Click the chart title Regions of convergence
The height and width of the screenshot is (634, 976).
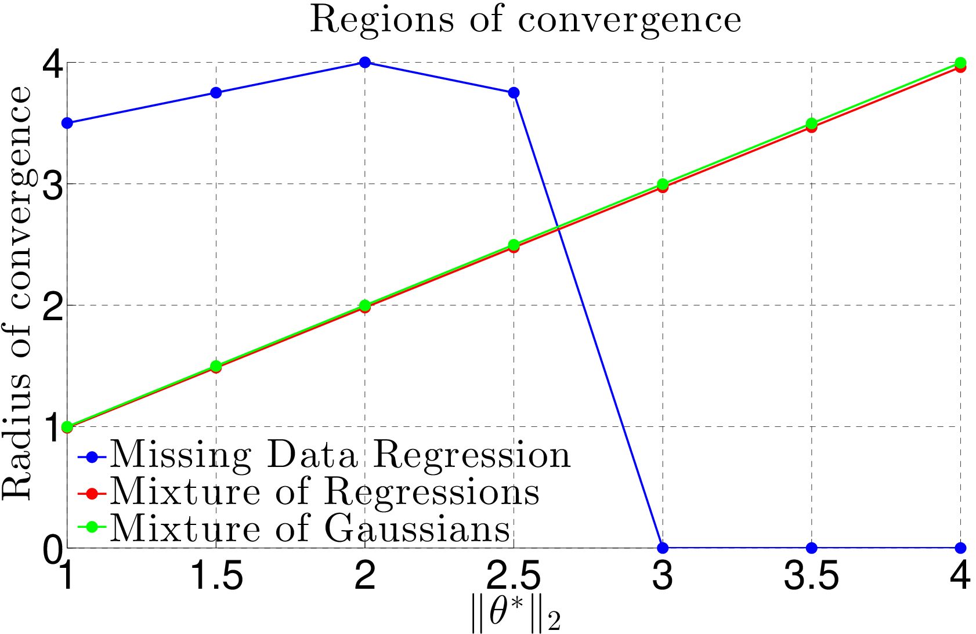525,20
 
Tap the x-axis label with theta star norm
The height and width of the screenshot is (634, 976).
516,614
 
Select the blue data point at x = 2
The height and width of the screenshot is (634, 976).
364,62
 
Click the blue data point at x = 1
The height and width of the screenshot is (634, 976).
67,123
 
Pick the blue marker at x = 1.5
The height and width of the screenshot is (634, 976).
216,93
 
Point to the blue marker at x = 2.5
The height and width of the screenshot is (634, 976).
514,93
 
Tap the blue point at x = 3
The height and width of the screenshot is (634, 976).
663,548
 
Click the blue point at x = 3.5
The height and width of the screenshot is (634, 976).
811,548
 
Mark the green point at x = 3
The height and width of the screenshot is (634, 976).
663,184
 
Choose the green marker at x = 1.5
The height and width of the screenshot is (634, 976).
216,366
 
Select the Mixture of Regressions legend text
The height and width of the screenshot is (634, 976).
325,492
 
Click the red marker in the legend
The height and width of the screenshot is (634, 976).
92,494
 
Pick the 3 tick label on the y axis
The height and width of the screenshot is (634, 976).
52,184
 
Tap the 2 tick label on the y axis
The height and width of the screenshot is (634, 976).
52,305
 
